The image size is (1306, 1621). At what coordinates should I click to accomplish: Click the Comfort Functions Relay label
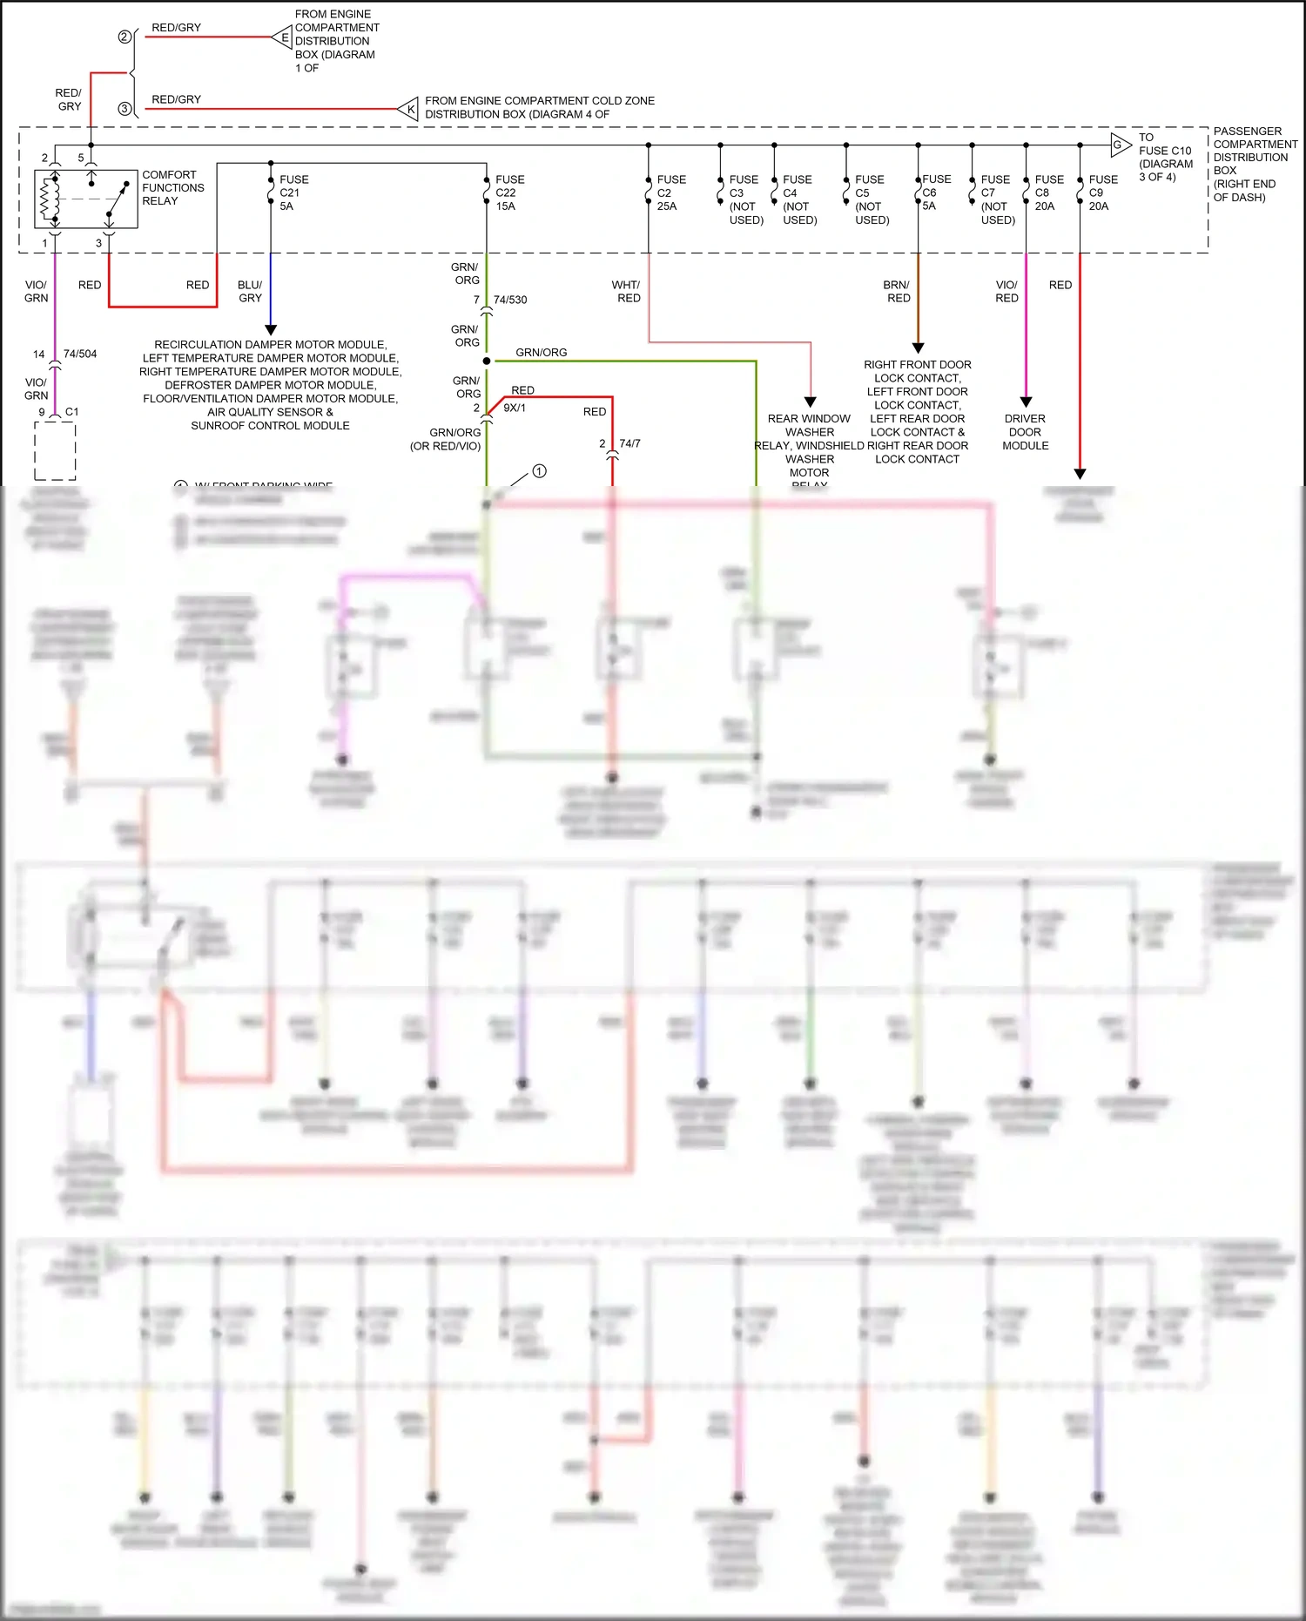coord(172,187)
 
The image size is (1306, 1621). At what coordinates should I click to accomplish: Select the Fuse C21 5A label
coord(293,192)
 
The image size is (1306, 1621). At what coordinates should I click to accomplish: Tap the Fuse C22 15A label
coord(509,192)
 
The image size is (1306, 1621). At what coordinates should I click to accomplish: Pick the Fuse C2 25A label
coord(670,192)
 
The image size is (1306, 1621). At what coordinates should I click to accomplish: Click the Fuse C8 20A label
coord(1048,192)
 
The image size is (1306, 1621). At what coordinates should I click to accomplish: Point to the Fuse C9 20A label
coord(1102,192)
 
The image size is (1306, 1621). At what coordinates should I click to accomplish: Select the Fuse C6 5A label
coord(936,192)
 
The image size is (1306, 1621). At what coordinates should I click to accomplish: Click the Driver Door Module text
coord(1025,432)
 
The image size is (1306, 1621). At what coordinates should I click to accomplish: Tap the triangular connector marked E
coord(282,37)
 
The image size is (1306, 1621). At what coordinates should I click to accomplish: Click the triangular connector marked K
coord(409,109)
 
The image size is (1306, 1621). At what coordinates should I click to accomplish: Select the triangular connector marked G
coord(1120,145)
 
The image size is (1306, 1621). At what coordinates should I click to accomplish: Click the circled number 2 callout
coord(125,37)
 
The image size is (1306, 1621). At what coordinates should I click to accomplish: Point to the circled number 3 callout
coord(125,109)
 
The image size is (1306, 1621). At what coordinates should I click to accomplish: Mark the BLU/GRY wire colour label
coord(250,291)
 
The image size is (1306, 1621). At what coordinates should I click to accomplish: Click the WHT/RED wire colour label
coord(626,291)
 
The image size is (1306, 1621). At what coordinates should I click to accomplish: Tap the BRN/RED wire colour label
coord(897,291)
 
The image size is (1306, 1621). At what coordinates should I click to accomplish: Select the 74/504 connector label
coord(80,354)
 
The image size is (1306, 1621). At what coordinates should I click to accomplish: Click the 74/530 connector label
coord(510,300)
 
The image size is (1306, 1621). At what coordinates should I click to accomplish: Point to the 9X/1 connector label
coord(515,408)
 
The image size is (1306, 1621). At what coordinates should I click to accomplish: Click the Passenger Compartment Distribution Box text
coord(1254,164)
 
